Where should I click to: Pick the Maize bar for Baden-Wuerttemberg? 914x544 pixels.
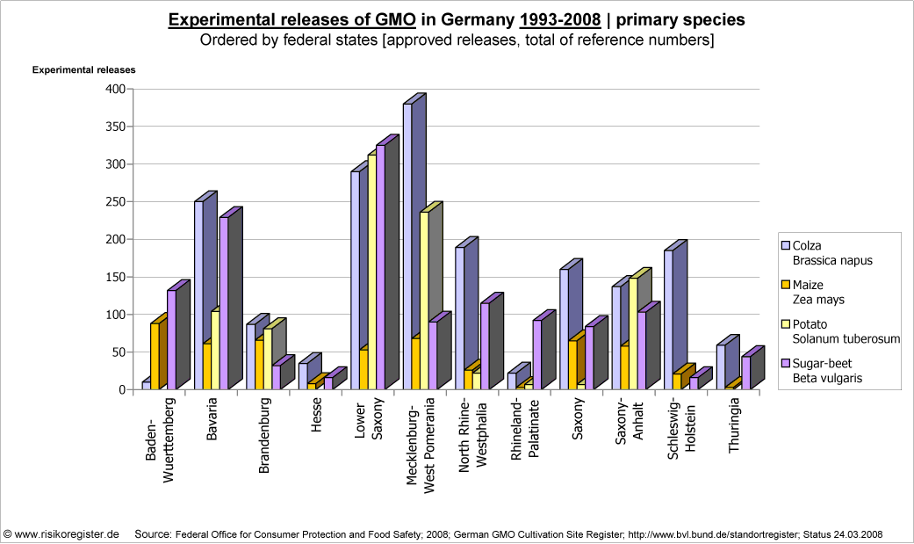click(155, 356)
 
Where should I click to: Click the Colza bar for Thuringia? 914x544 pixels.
click(721, 365)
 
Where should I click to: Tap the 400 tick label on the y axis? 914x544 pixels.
click(115, 89)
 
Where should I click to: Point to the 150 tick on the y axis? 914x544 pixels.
click(115, 277)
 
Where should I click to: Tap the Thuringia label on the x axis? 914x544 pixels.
click(734, 431)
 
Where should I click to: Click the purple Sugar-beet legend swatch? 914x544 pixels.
click(785, 363)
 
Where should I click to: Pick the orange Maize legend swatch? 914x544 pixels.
click(785, 285)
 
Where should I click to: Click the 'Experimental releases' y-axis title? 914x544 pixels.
click(84, 70)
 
